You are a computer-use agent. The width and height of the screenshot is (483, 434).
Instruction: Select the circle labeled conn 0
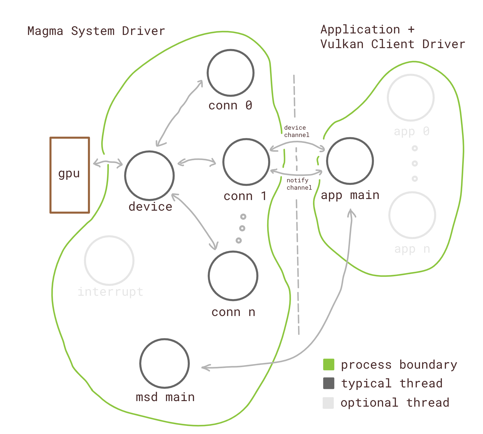[230, 73]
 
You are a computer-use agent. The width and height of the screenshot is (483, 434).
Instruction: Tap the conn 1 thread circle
[246, 162]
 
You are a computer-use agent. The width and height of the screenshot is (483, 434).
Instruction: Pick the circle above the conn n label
[233, 276]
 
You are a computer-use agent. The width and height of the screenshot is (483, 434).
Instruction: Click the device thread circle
[150, 176]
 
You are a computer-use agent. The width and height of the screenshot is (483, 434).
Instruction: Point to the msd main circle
[164, 363]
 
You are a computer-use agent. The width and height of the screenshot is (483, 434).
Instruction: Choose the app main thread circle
[350, 161]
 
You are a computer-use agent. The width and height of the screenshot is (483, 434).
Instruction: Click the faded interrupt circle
[109, 261]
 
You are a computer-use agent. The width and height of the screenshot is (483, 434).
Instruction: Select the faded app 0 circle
[411, 98]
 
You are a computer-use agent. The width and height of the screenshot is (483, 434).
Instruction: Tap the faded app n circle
[412, 215]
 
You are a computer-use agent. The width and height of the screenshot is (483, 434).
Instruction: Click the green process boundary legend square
[329, 364]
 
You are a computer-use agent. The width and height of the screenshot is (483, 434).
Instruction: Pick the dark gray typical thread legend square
[329, 383]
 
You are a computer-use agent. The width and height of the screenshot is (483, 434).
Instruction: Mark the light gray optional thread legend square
[328, 403]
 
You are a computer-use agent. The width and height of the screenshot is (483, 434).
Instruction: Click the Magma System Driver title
[96, 31]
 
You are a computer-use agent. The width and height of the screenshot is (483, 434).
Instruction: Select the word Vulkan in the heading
[342, 44]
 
